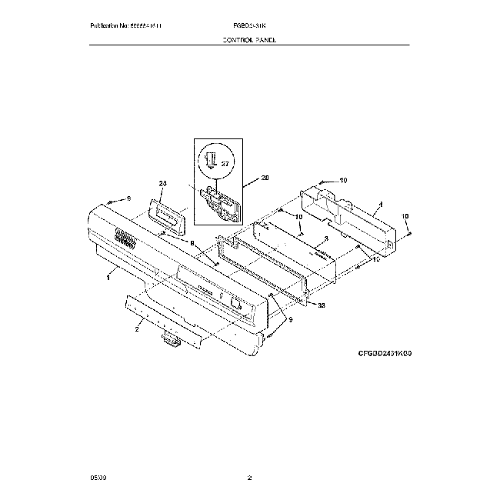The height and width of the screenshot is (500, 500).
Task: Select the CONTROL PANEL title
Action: [x=248, y=38]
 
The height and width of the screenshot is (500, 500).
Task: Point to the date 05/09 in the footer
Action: [x=98, y=479]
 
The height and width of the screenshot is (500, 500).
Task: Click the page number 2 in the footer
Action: [x=249, y=479]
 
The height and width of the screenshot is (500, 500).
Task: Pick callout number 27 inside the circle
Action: [x=225, y=163]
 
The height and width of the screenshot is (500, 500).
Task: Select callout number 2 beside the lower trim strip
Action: [x=137, y=329]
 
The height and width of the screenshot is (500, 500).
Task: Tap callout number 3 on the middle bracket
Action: [x=326, y=240]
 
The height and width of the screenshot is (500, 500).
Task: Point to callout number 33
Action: [x=321, y=305]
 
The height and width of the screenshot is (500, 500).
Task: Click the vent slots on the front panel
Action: [x=123, y=239]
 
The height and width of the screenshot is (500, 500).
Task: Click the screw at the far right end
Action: [x=408, y=233]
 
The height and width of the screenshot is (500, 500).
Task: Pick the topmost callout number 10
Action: [x=343, y=180]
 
